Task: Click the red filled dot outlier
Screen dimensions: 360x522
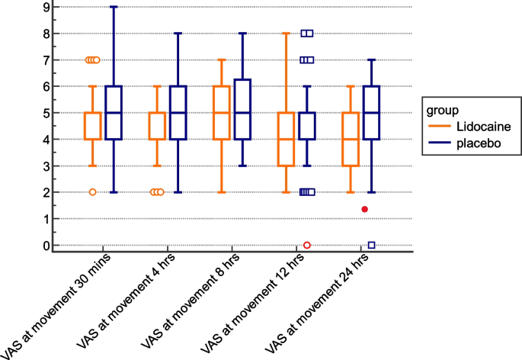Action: [x=365, y=209]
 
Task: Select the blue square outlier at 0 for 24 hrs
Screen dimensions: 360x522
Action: [x=371, y=245]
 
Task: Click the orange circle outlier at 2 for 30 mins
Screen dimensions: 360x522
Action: [x=93, y=192]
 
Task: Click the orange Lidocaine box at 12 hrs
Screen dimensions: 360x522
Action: [x=286, y=139]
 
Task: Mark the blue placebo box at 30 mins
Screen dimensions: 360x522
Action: [x=114, y=113]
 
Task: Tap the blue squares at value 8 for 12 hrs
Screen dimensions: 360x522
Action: [x=307, y=34]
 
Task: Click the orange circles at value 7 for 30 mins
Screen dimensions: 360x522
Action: [x=93, y=59]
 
